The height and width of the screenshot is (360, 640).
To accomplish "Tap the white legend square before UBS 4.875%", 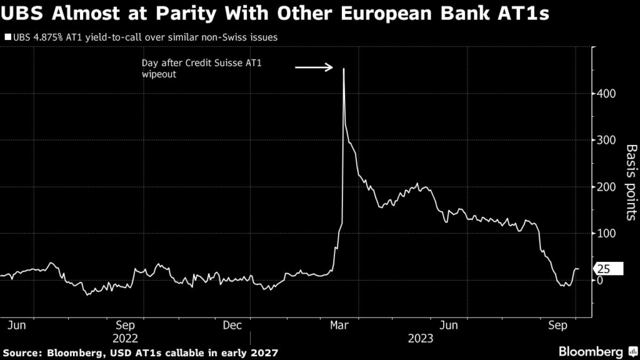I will tap(7, 37).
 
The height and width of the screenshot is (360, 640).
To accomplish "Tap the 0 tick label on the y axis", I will tap(601, 280).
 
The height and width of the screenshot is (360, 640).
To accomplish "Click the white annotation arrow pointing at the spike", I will tap(314, 67).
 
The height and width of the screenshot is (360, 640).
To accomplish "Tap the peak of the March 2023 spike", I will tap(344, 69).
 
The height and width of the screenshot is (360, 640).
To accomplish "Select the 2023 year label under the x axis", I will tap(421, 337).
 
